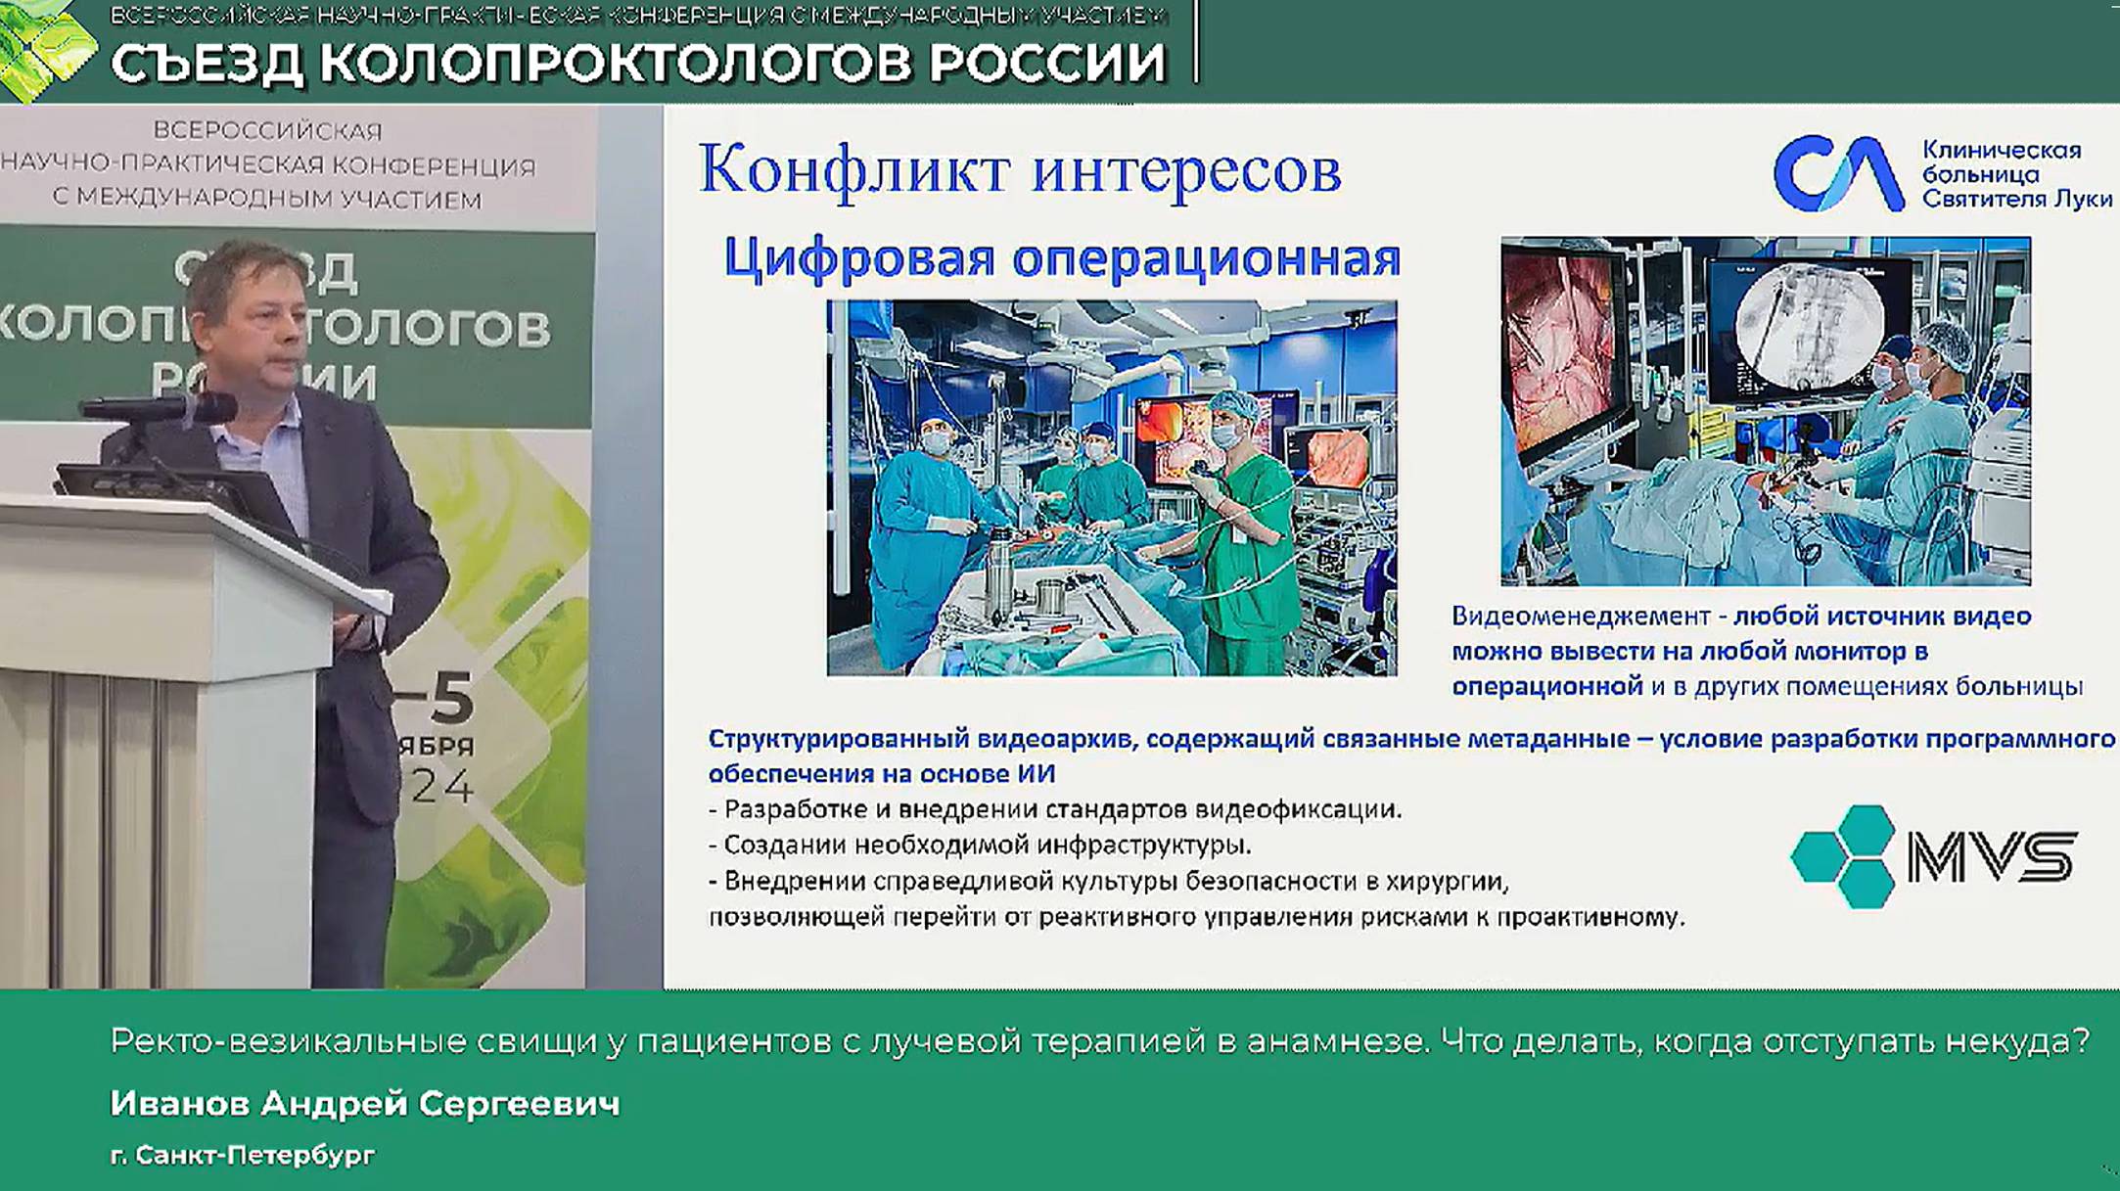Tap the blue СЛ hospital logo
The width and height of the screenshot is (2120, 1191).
1837,174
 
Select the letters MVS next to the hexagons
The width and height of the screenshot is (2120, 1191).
1992,857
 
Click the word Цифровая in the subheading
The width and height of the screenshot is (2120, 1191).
859,259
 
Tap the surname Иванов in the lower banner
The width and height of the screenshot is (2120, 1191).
180,1104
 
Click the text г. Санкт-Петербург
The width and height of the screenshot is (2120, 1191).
243,1155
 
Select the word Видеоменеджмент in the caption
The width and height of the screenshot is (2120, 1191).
1580,617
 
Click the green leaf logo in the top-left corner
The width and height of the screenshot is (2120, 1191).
44,49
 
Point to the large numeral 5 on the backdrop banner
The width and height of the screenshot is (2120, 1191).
450,697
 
